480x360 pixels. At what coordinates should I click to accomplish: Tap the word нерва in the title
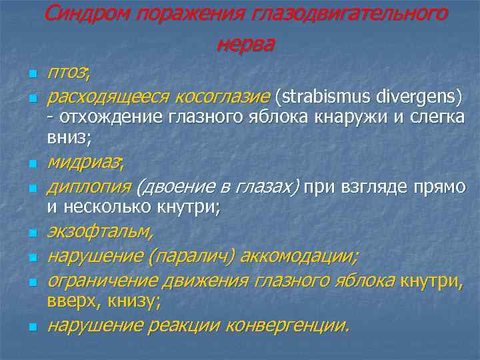[245, 44]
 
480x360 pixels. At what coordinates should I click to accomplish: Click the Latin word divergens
[417, 98]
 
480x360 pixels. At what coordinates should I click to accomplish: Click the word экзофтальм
[99, 232]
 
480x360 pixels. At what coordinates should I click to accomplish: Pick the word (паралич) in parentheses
[191, 256]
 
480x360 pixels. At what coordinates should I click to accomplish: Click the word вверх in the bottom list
[70, 301]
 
